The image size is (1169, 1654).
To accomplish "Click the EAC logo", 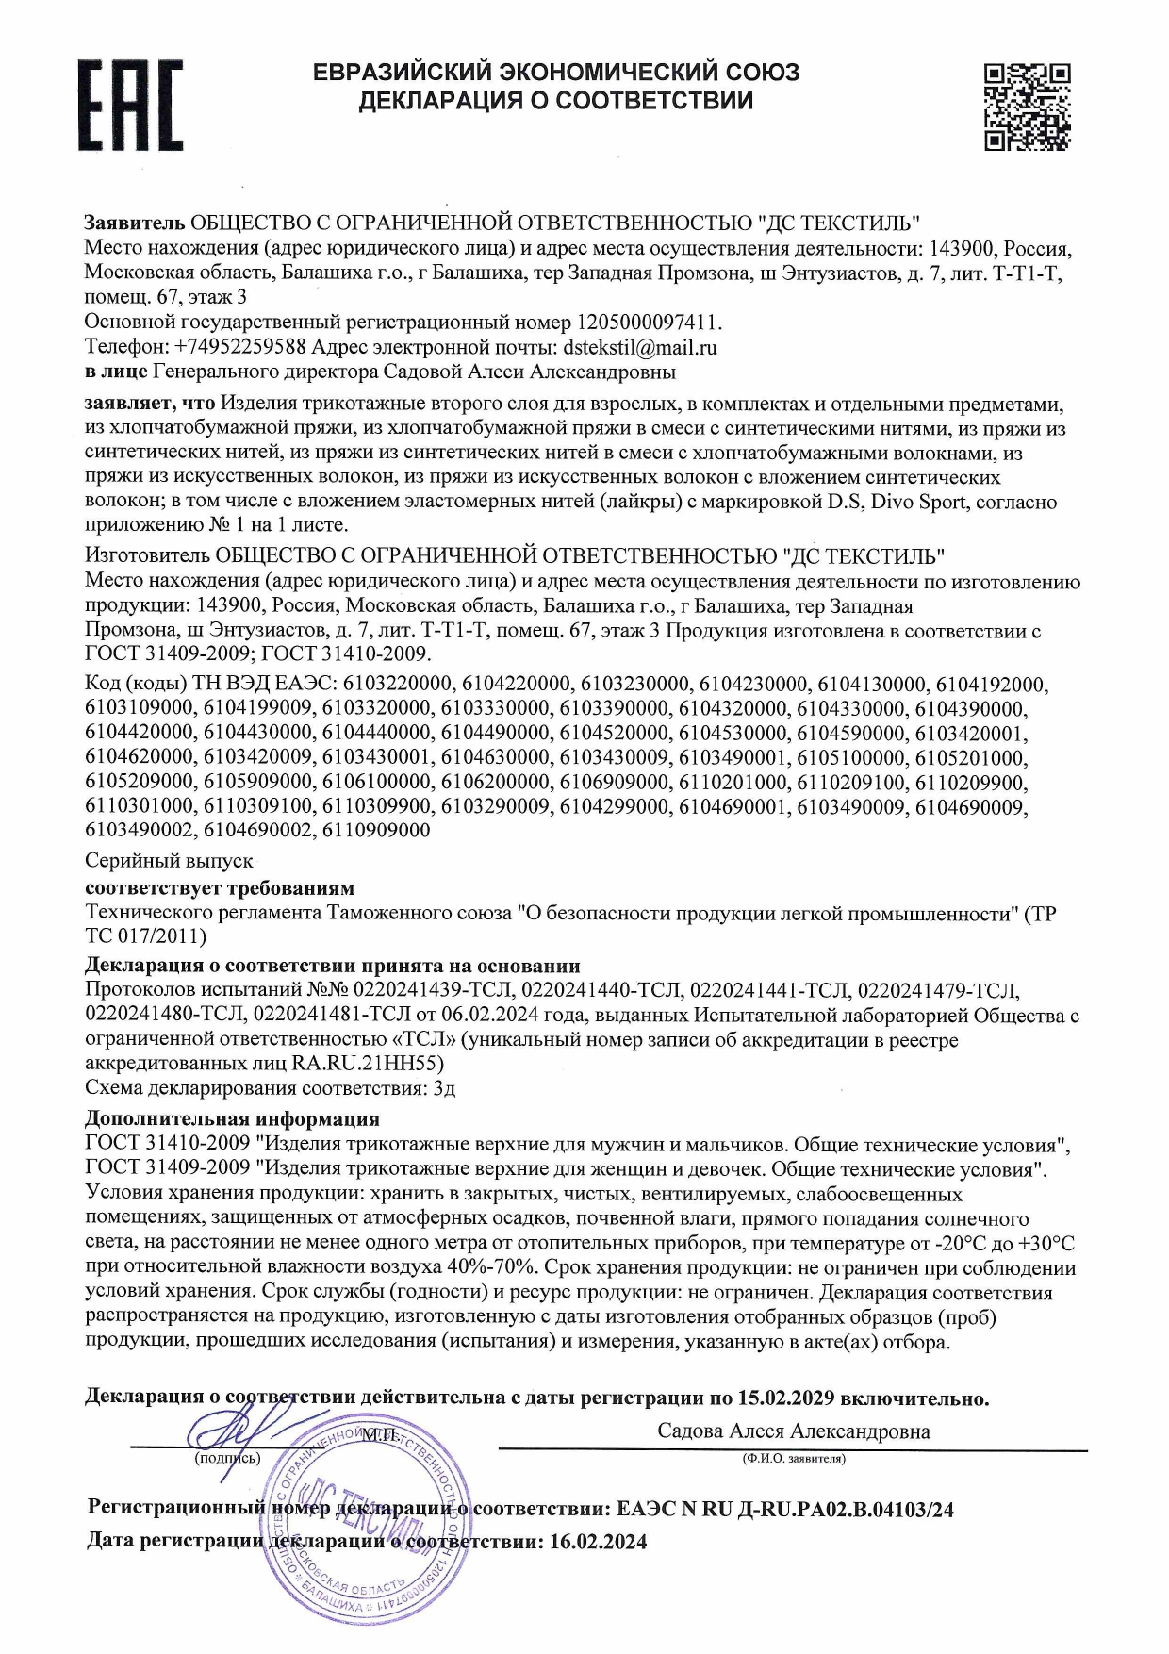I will pos(129,105).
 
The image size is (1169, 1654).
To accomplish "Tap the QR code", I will pos(1027,106).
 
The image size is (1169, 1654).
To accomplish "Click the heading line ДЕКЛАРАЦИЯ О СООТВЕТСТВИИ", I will pos(555,100).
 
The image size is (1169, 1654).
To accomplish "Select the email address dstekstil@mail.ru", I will pos(640,347).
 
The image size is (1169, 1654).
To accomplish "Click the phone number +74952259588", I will pos(240,347).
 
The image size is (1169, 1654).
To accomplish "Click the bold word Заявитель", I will pos(135,223).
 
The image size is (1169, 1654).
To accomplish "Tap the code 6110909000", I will pos(376,831).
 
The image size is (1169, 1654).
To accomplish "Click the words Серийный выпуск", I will pos(169,861).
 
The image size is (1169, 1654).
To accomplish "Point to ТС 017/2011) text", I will pos(145,937).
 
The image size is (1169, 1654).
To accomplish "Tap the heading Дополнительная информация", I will pos(232,1119).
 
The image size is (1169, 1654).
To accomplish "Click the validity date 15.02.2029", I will pos(786,1398).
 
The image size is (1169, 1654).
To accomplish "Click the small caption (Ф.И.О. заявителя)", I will pos(793,1459).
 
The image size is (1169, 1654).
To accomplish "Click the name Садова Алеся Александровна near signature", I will pos(793,1431).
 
